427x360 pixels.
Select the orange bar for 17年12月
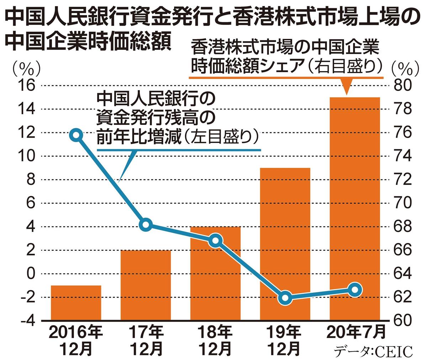coord(146,285)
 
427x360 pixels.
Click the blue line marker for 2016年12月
coord(76,135)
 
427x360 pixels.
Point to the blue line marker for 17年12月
coord(146,225)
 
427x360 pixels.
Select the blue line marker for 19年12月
coord(285,298)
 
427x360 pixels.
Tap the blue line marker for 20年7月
coord(355,290)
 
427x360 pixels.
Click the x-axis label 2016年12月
coord(76,340)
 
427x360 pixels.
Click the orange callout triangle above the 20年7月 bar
coord(346,87)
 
